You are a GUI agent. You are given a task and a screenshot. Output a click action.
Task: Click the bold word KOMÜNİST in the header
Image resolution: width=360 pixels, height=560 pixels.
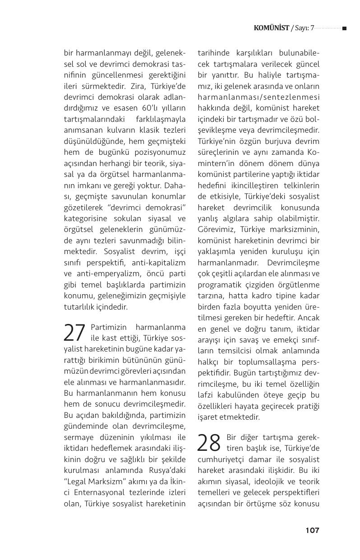tap(271, 28)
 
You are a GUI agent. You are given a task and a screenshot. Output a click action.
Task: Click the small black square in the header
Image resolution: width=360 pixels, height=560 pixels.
tap(344, 28)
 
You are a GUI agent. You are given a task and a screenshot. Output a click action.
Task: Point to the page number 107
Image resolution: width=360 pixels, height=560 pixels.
tap(312, 530)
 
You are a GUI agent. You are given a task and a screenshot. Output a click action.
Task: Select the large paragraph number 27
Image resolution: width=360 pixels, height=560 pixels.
tap(74, 333)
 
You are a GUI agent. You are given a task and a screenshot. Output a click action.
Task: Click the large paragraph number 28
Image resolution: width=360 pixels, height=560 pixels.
tap(209, 443)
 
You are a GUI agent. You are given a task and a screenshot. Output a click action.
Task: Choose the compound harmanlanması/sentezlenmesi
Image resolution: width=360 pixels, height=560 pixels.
tap(258, 97)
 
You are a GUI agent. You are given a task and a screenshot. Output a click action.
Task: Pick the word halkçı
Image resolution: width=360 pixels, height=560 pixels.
tap(210, 362)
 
